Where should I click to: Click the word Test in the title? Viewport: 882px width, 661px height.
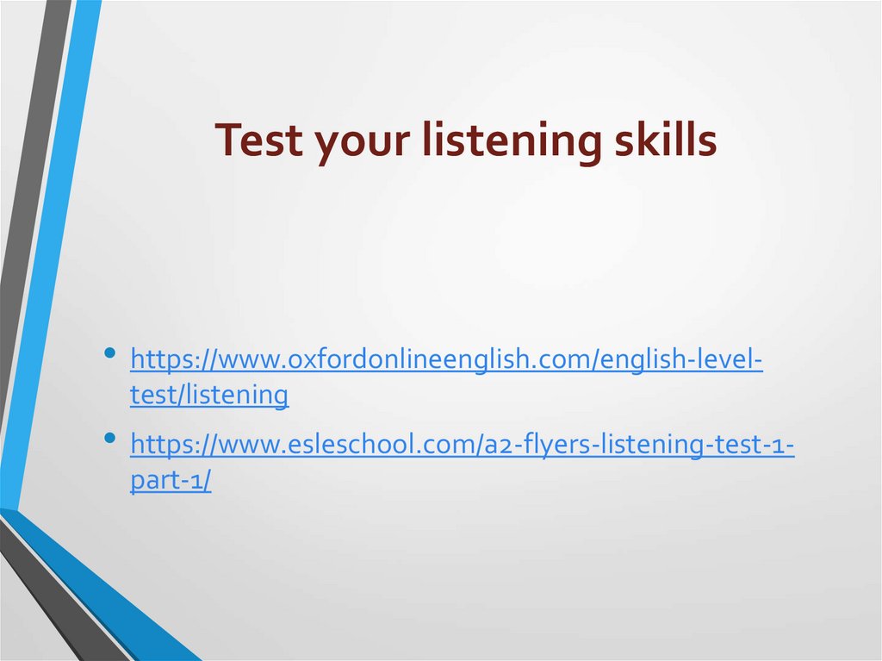pos(258,140)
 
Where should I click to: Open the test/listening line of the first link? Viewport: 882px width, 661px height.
pos(209,395)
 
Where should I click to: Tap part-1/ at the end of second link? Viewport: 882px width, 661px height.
pos(171,480)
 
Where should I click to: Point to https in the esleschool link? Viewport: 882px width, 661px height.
pos(160,446)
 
